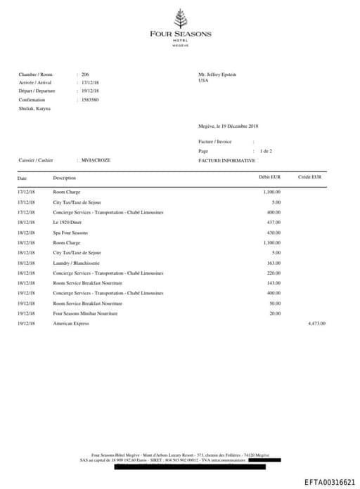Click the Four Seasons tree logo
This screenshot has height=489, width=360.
point(180,18)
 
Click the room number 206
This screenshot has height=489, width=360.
point(85,74)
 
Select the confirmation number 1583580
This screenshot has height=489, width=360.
point(90,100)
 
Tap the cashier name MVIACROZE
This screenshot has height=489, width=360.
point(96,160)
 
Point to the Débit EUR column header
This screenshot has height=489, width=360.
point(270,178)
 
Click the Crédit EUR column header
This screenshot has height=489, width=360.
point(310,178)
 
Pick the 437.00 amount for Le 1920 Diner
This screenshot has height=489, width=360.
point(274,222)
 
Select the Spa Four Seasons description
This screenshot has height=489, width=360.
point(70,233)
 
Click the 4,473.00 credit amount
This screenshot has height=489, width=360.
point(317,323)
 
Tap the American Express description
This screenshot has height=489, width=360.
point(71,323)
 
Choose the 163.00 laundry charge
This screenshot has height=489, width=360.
point(274,263)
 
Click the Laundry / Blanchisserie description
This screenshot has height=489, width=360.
point(77,263)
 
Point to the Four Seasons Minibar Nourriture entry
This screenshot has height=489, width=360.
point(85,313)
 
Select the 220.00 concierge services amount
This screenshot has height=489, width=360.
point(274,273)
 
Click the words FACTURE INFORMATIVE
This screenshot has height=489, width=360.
point(227,160)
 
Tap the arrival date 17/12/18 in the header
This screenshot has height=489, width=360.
point(90,83)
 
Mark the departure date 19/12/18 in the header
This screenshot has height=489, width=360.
point(90,91)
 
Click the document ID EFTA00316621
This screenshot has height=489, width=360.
point(330,482)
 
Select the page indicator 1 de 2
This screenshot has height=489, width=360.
point(266,151)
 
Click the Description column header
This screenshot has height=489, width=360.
point(65,178)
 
